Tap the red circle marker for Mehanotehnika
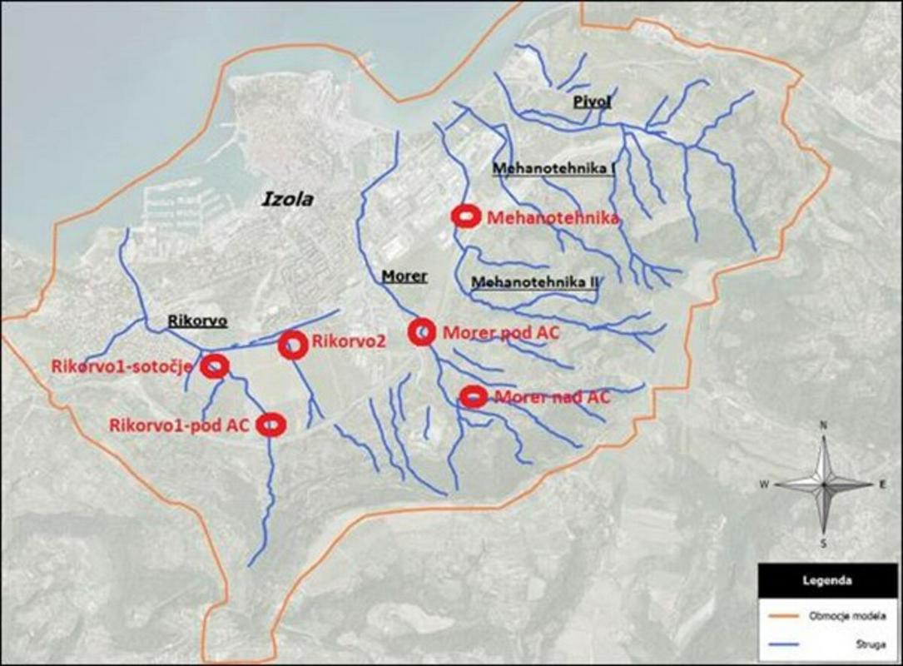tap(465, 216)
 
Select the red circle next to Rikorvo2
tap(293, 345)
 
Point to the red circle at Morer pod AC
tap(422, 331)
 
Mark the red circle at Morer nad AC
tap(474, 396)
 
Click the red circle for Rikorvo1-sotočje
tap(216, 365)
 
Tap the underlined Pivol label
tap(592, 103)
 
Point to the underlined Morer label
tap(404, 276)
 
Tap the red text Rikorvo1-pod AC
tap(179, 425)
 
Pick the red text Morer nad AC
tap(552, 397)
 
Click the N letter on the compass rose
tap(824, 425)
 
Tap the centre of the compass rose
tap(824, 484)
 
